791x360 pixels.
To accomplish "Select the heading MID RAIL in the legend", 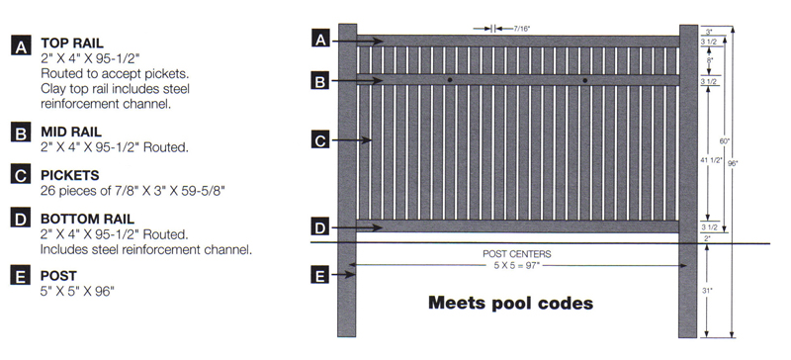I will [71, 131].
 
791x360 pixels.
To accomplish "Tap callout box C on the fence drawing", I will [319, 140].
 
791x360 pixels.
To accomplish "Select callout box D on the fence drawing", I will [319, 227].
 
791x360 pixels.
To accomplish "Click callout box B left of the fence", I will [319, 81].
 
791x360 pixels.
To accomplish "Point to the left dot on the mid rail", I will [449, 79].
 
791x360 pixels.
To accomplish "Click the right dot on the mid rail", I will [585, 79].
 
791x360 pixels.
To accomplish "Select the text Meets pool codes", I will [510, 303].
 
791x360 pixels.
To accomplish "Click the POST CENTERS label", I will [516, 254].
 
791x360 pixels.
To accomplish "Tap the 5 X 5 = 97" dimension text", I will [516, 265].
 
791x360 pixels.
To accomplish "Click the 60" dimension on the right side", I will [725, 140].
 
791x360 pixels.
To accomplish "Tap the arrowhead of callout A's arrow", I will [381, 42].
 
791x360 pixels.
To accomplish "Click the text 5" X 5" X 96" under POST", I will [77, 292].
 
